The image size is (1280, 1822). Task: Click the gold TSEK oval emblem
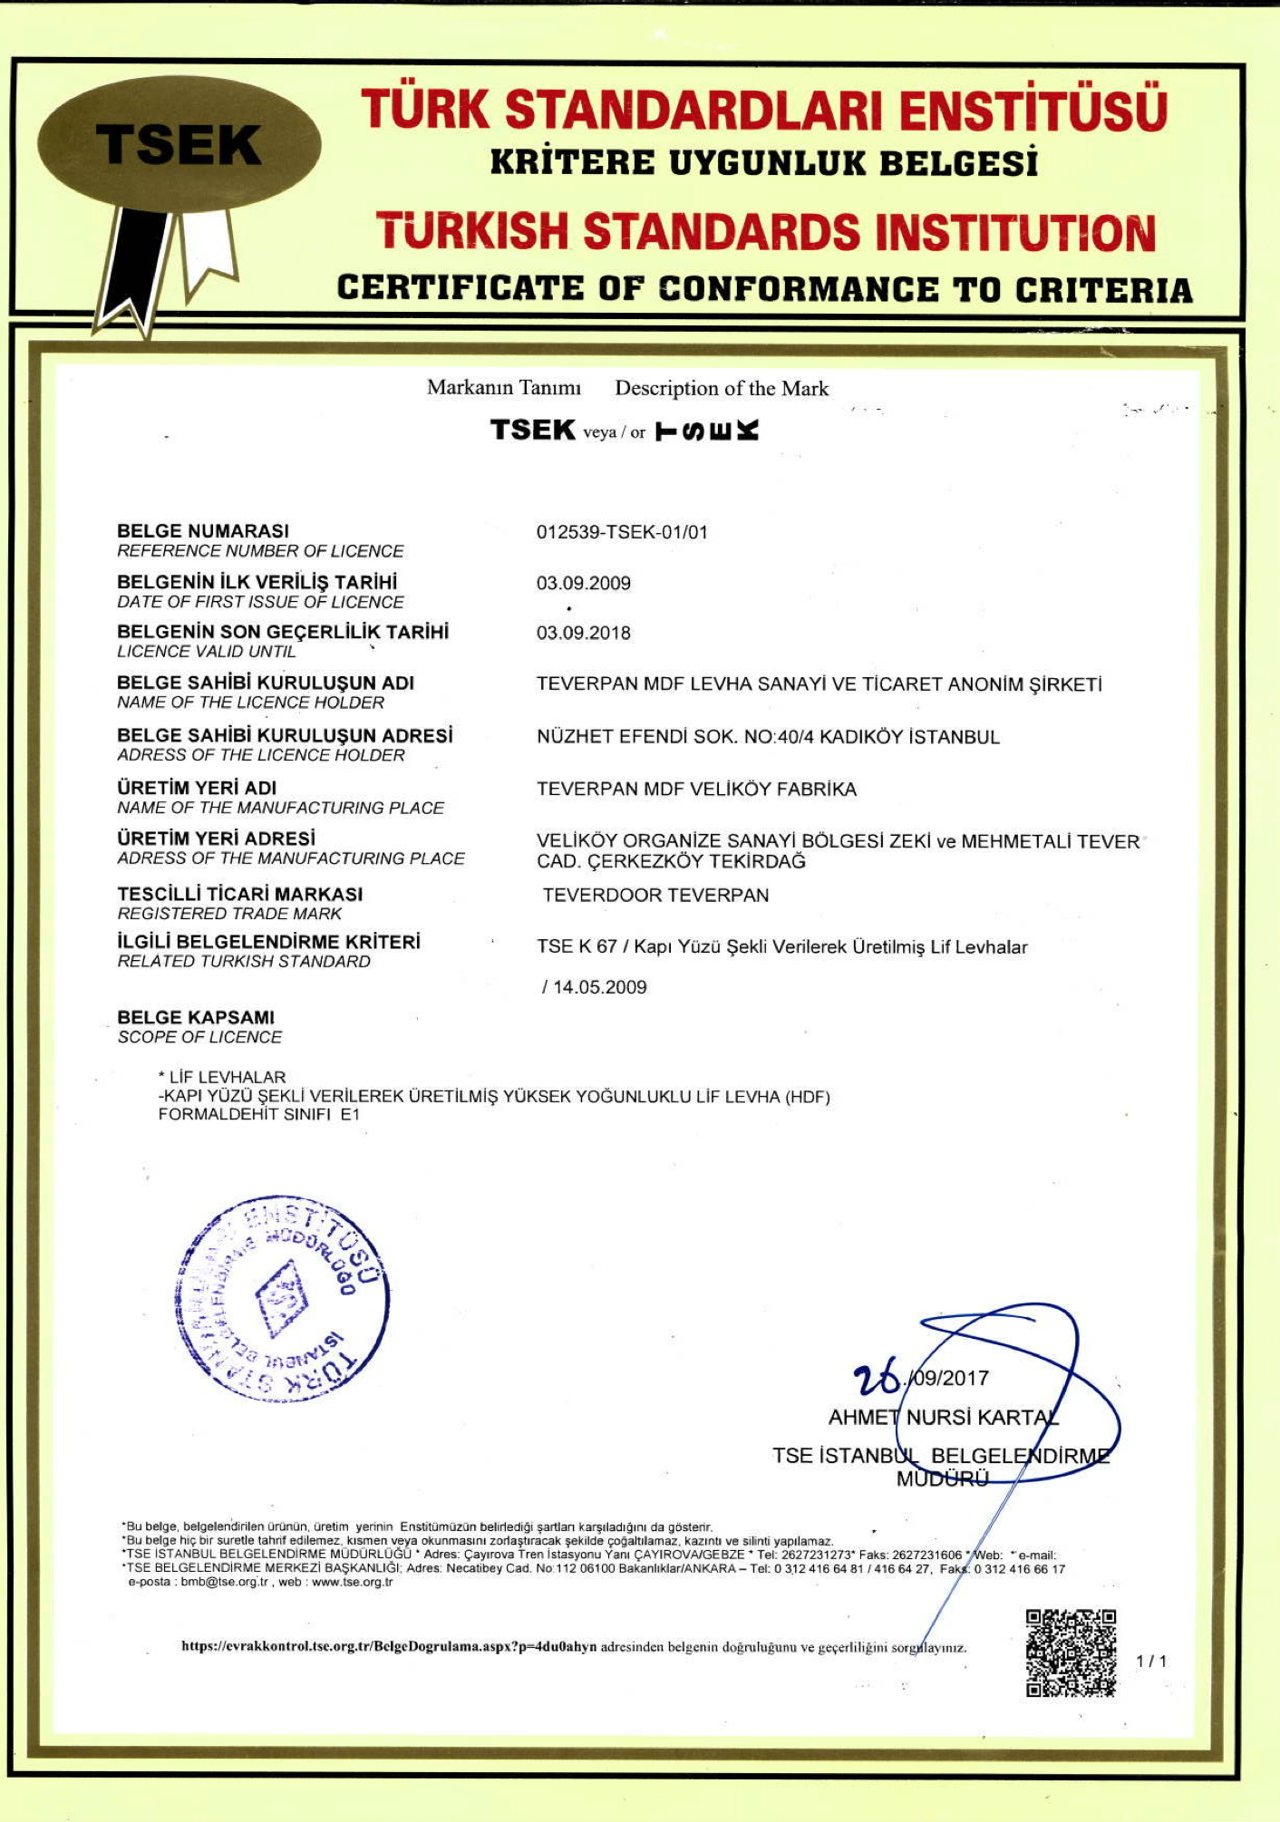point(179,145)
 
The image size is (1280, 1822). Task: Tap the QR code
point(1070,1652)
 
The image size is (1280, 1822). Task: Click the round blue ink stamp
point(282,1298)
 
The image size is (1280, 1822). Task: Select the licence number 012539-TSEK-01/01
point(622,532)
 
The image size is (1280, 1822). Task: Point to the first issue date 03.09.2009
point(583,583)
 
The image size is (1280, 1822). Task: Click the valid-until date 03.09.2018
point(583,633)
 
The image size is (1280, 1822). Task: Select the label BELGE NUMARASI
point(203,531)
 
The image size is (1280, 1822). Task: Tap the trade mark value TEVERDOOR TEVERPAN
point(655,896)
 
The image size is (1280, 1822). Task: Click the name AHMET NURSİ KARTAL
point(943,1417)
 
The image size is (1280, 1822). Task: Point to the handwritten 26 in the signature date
point(876,1378)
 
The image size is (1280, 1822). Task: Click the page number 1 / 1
point(1151,1662)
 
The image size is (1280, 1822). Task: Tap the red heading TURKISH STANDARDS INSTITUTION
point(765,231)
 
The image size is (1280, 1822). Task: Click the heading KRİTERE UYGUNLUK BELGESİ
point(763,163)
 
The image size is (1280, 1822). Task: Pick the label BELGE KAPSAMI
point(196,1018)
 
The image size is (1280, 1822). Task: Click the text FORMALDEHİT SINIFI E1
point(258,1115)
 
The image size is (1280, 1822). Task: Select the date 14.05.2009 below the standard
point(599,987)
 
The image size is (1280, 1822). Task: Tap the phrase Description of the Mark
point(722,389)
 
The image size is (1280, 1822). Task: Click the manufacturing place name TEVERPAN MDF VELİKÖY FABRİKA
point(696,790)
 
